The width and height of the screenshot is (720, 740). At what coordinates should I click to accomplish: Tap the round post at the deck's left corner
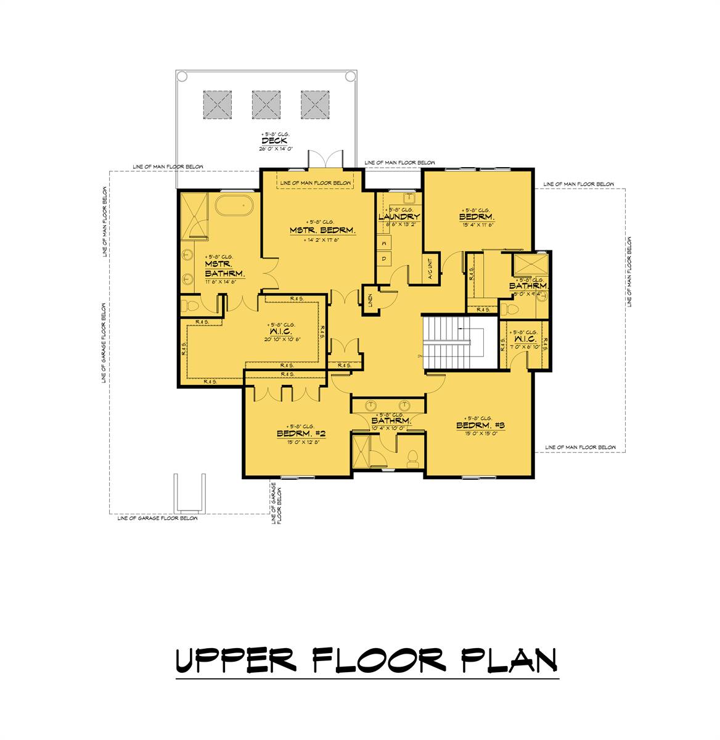(x=181, y=76)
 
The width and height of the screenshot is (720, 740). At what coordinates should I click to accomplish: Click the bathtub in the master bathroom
(x=234, y=204)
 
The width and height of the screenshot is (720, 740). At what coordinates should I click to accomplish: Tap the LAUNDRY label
(x=399, y=217)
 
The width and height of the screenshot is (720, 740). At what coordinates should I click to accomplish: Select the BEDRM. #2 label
(x=301, y=434)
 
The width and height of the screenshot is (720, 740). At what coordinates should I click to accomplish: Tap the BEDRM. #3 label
(x=481, y=425)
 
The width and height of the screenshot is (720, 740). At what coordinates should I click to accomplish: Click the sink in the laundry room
(x=409, y=197)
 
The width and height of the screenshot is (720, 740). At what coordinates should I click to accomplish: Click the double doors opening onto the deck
(x=325, y=159)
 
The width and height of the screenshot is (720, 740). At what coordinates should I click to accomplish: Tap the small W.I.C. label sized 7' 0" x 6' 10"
(x=523, y=340)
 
